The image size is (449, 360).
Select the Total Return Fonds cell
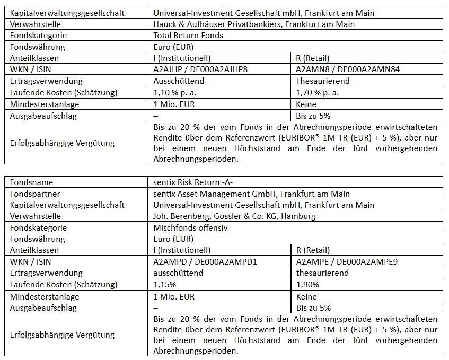(x=188, y=36)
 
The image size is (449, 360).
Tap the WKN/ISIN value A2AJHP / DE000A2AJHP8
(x=200, y=69)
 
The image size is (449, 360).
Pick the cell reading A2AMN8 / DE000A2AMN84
(x=347, y=69)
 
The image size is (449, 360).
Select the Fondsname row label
(x=31, y=182)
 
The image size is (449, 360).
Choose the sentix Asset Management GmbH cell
(x=251, y=194)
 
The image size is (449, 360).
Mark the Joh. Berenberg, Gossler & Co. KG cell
(x=231, y=216)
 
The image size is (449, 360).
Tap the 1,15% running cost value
(x=165, y=285)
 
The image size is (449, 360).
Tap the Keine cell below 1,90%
(x=307, y=296)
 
